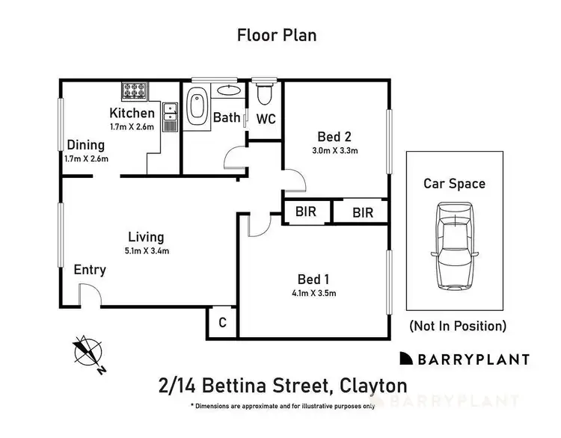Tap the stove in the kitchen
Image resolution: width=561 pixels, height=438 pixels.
[x=135, y=92]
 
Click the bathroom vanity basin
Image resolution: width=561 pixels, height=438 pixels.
[x=229, y=91]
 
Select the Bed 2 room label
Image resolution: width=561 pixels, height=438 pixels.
[x=334, y=137]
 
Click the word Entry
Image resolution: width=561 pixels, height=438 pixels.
[x=89, y=270]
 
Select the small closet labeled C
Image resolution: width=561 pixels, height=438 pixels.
[x=222, y=323]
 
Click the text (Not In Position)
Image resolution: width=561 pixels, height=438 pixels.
[x=457, y=326]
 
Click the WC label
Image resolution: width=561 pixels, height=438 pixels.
[x=266, y=118]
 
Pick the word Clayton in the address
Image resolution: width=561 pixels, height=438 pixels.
[x=373, y=386]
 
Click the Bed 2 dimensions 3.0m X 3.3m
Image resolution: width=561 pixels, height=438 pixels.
[x=334, y=151]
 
